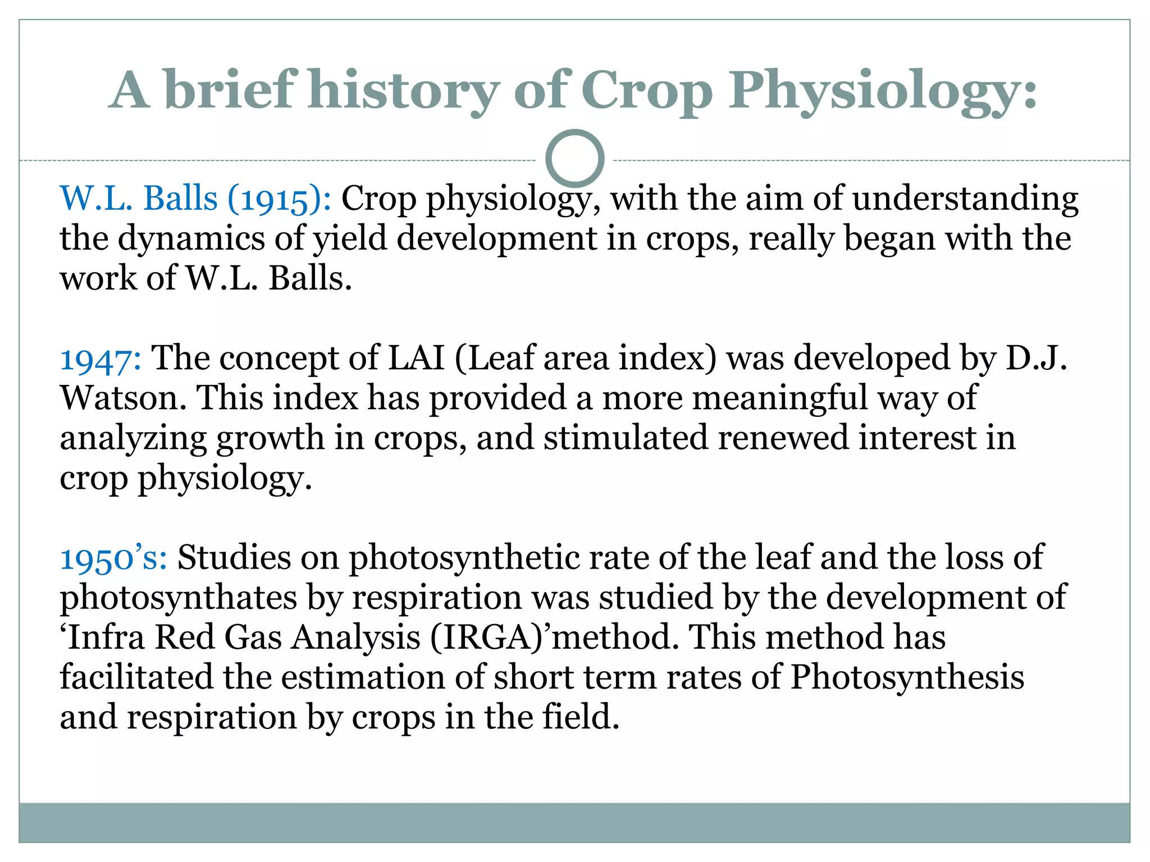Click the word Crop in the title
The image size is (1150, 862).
pyautogui.click(x=646, y=90)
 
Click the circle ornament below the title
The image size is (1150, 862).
pyautogui.click(x=574, y=159)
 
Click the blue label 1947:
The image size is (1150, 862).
pyautogui.click(x=101, y=359)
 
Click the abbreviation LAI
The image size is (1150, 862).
pyautogui.click(x=416, y=359)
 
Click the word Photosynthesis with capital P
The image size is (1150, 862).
pyautogui.click(x=907, y=677)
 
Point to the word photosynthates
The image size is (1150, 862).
pyautogui.click(x=178, y=598)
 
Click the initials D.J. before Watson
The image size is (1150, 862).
pyautogui.click(x=1035, y=359)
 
